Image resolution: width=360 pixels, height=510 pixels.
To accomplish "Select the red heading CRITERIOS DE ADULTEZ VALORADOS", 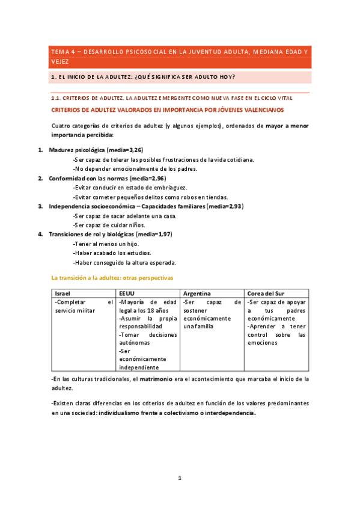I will tap(168, 110).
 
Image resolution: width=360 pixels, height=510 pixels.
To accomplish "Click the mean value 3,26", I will tap(135, 150).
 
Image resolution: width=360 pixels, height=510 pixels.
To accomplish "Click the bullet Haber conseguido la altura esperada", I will tap(124, 262).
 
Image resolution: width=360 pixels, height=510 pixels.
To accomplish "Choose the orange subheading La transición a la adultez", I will tap(112, 278).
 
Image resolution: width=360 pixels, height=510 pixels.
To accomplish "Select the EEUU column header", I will tap(127, 292).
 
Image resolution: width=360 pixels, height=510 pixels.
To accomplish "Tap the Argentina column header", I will tap(197, 292).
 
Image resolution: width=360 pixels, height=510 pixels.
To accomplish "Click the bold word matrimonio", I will tap(156, 379).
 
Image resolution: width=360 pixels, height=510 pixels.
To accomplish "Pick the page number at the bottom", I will tap(179, 478).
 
